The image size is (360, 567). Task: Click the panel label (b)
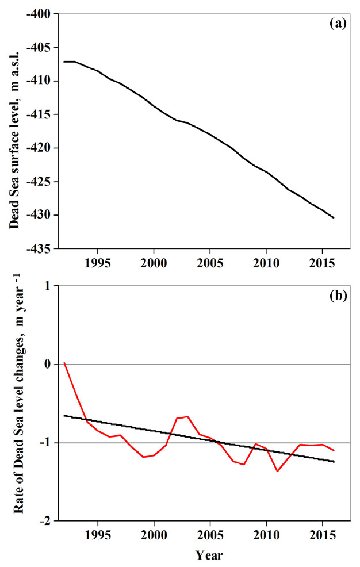[337, 297]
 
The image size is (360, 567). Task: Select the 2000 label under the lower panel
[154, 535]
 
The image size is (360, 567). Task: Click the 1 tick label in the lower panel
[48, 286]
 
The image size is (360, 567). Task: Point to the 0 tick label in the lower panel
[48, 365]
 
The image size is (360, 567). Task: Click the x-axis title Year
[208, 555]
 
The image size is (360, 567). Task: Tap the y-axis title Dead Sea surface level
[14, 132]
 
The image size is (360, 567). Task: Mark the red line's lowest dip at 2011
[277, 471]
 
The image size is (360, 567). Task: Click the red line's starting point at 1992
[64, 363]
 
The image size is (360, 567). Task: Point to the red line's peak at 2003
[187, 416]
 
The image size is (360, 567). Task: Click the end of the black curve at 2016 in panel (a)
[334, 218]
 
